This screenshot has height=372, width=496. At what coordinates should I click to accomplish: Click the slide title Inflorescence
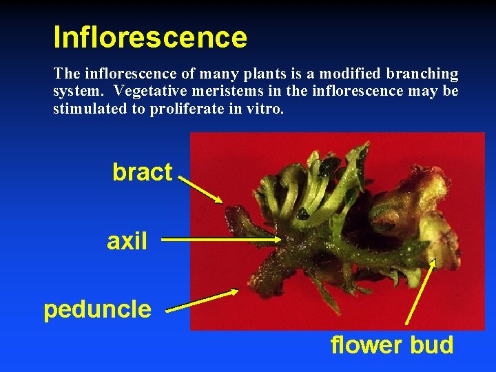coord(150,37)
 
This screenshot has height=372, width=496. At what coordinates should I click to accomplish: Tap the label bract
coord(142,172)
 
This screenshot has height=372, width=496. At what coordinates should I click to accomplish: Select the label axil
coord(127,241)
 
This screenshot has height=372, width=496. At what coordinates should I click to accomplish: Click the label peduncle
coord(97,309)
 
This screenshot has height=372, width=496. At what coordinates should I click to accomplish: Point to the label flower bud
coord(392,344)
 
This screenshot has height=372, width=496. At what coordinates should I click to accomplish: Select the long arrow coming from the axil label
coord(220,240)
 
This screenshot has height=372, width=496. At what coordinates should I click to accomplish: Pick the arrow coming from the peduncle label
coord(202,301)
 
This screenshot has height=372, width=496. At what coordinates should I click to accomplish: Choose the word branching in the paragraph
coord(427,74)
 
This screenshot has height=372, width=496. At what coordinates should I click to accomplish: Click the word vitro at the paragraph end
coord(263,108)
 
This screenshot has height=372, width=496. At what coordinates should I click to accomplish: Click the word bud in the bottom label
coord(431,344)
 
